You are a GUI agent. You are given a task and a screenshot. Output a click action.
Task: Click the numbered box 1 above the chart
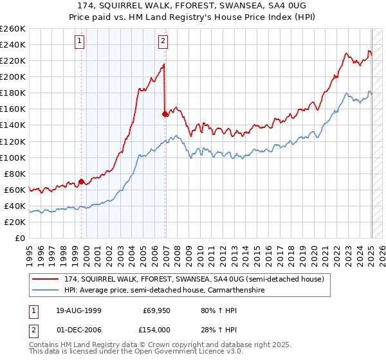79,42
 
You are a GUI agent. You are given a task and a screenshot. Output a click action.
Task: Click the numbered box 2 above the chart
163,42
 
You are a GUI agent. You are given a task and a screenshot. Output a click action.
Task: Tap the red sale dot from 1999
81,181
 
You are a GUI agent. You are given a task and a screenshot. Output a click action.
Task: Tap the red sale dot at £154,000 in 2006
165,114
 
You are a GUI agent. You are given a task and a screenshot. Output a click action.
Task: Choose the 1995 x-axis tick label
30,251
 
